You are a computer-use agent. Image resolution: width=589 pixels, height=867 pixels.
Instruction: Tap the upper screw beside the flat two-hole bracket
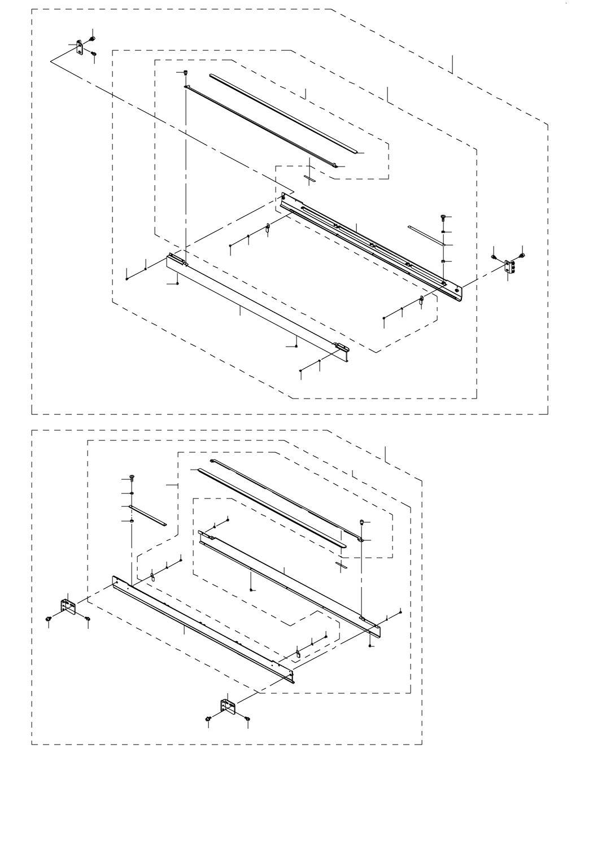coord(93,38)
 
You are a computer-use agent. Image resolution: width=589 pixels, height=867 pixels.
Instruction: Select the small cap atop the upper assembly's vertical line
coord(186,72)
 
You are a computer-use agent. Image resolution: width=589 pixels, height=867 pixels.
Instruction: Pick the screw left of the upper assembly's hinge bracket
coord(495,257)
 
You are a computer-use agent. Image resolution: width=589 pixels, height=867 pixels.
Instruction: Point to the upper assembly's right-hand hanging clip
coord(421,300)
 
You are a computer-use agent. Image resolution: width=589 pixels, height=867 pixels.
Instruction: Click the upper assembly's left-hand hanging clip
coord(268,228)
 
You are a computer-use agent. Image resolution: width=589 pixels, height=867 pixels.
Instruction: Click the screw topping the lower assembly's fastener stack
coord(132,478)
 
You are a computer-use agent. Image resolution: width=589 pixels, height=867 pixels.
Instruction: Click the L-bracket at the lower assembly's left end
coord(68,607)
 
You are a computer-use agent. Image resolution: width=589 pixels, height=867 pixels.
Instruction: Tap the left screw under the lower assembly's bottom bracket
coord(209,718)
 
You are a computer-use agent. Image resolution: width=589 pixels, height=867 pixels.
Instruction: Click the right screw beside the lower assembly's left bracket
coord(88,619)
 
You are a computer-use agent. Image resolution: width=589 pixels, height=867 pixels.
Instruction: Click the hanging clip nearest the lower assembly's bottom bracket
coord(297,654)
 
